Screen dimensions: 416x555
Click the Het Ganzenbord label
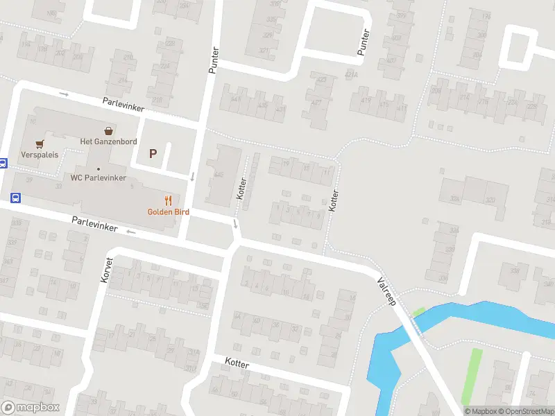tap(108, 141)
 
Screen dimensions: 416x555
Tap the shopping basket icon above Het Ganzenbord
tap(108, 130)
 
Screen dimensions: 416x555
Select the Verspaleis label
tap(40, 155)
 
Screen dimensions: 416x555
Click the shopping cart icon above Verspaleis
tap(40, 144)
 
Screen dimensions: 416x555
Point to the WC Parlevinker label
tap(99, 177)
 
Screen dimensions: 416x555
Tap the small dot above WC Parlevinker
tap(99, 168)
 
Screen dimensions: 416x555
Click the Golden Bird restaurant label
tap(168, 211)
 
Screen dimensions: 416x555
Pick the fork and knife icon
tap(168, 200)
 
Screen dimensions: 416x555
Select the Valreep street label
tap(386, 292)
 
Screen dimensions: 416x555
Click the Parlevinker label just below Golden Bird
tap(94, 224)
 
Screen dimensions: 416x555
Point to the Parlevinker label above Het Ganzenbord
tap(124, 104)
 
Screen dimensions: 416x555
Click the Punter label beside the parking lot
tap(213, 60)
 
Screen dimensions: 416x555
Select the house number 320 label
tap(490, 200)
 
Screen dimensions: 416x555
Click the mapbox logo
tap(30, 408)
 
